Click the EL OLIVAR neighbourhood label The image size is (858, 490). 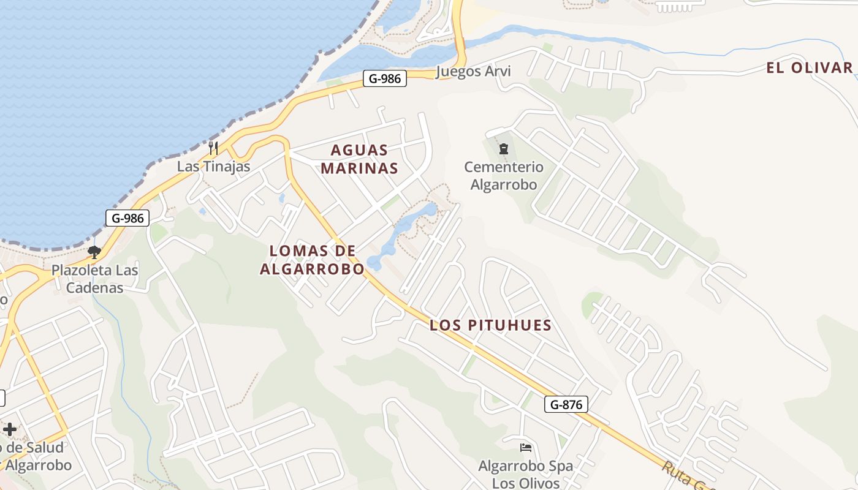[x=809, y=67]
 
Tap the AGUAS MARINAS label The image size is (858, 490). [x=359, y=159]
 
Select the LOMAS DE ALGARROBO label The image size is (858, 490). [x=312, y=260]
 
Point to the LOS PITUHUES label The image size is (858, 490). [x=490, y=325]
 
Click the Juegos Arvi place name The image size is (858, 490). [x=473, y=72]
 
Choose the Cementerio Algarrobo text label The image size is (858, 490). [x=504, y=175]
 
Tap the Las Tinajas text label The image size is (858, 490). [x=214, y=167]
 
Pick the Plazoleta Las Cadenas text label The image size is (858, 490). [x=94, y=279]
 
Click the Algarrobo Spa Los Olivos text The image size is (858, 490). [x=526, y=474]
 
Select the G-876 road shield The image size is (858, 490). [x=566, y=404]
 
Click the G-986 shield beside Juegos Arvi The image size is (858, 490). [x=385, y=78]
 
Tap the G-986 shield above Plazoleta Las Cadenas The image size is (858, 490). [x=127, y=218]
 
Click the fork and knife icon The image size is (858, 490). [x=213, y=148]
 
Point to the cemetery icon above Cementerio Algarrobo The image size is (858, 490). [x=504, y=148]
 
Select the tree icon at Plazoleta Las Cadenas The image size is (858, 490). [x=94, y=252]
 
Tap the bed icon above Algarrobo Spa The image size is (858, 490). [x=525, y=448]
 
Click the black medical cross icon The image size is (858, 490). [x=10, y=429]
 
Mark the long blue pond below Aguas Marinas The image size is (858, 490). [x=401, y=236]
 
